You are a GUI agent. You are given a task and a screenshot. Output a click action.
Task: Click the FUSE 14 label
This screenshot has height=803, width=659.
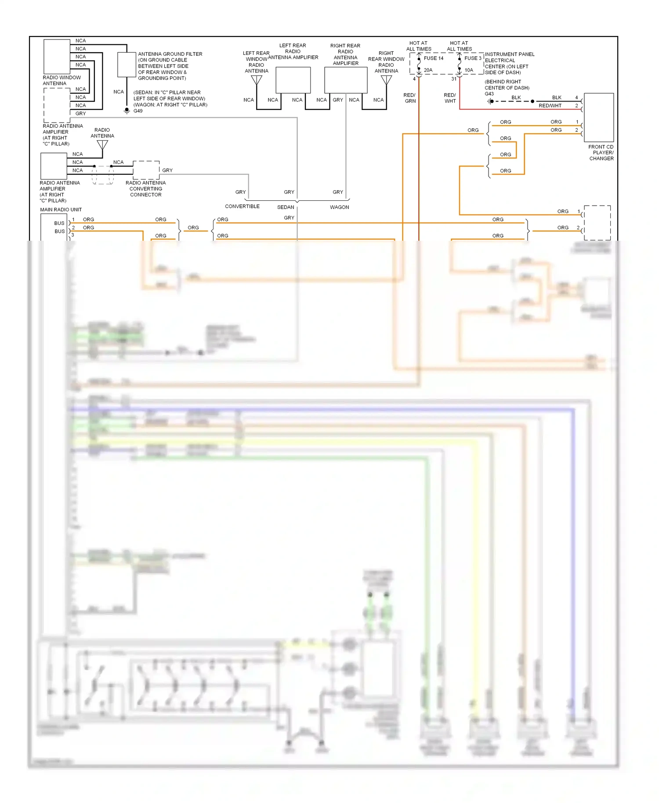[x=433, y=58]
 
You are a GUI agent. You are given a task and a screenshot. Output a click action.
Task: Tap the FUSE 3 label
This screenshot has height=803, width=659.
[x=473, y=58]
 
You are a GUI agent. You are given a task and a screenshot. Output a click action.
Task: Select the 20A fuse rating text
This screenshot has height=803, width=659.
[x=428, y=70]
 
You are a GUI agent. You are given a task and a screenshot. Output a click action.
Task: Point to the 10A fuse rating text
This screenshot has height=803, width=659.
[x=469, y=70]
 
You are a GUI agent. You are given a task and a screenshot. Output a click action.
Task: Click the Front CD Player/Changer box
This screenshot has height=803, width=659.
[x=598, y=117]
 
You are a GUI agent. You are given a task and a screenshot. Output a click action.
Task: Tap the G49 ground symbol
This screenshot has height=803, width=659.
[x=127, y=111]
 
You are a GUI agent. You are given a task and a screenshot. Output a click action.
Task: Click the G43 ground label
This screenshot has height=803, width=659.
[x=489, y=94]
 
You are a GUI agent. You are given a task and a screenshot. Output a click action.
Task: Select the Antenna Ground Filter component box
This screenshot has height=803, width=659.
[x=127, y=65]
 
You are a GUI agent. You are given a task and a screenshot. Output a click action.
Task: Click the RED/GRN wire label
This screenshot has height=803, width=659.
[x=409, y=98]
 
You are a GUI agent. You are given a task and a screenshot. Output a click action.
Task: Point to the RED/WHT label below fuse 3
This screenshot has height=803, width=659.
[x=450, y=98]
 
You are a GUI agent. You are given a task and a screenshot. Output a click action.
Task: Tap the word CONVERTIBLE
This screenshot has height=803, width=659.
[x=242, y=206]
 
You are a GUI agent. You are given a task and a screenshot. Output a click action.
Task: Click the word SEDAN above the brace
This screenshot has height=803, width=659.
[x=286, y=207]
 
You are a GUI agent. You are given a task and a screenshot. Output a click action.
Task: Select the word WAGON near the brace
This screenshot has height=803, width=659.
[x=340, y=207]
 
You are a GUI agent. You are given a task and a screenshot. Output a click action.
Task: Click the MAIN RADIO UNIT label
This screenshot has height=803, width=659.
[x=61, y=210]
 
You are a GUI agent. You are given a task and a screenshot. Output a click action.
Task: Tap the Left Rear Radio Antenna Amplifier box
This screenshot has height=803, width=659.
[x=293, y=80]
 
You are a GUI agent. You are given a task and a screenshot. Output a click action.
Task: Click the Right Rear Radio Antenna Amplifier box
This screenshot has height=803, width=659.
[x=346, y=80]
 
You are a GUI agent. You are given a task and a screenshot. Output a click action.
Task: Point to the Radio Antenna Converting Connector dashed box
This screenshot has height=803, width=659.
[x=146, y=170]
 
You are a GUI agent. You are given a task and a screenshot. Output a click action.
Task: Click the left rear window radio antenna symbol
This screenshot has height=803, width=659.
[x=257, y=80]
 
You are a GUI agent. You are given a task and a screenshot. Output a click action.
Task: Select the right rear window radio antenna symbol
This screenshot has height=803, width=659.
[x=386, y=80]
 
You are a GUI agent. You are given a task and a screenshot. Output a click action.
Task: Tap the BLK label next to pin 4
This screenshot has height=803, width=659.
[x=557, y=98]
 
